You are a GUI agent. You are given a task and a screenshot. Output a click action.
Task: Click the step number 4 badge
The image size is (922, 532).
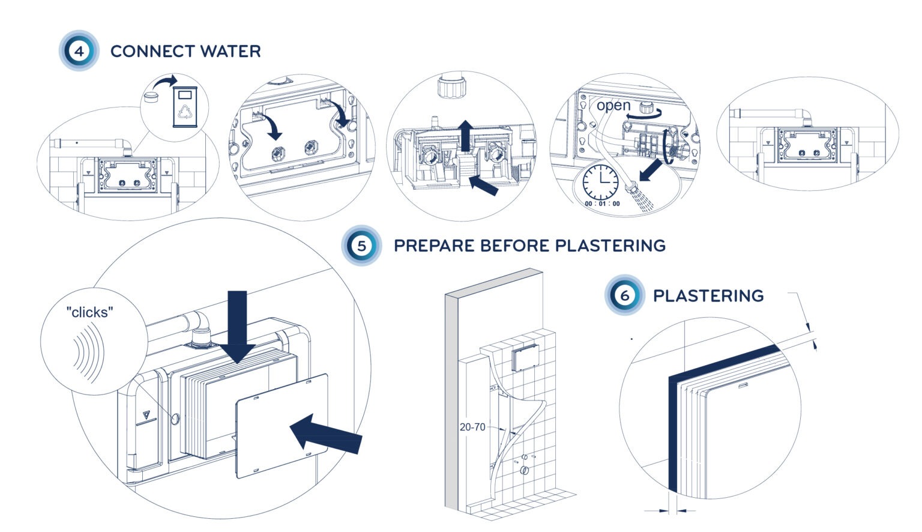(79, 51)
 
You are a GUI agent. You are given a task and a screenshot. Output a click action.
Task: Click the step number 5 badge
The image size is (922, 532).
(361, 246)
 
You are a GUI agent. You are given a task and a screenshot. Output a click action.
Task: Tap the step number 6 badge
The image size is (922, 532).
(624, 295)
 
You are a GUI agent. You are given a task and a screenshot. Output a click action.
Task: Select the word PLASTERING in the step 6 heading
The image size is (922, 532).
(708, 296)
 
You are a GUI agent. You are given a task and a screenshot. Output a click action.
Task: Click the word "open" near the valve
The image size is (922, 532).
(613, 106)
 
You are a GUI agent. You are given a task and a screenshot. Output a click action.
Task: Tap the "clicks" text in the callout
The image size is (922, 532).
(89, 312)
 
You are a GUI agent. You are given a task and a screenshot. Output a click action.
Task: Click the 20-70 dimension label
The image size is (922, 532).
(472, 427)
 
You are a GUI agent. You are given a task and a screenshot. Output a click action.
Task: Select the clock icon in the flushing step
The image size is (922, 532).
(600, 182)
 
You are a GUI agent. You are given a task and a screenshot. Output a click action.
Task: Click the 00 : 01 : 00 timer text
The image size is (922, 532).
(602, 204)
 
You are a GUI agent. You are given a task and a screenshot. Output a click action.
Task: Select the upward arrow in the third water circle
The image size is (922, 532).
(465, 135)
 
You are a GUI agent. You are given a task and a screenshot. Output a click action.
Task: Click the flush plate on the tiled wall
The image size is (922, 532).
(525, 358)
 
